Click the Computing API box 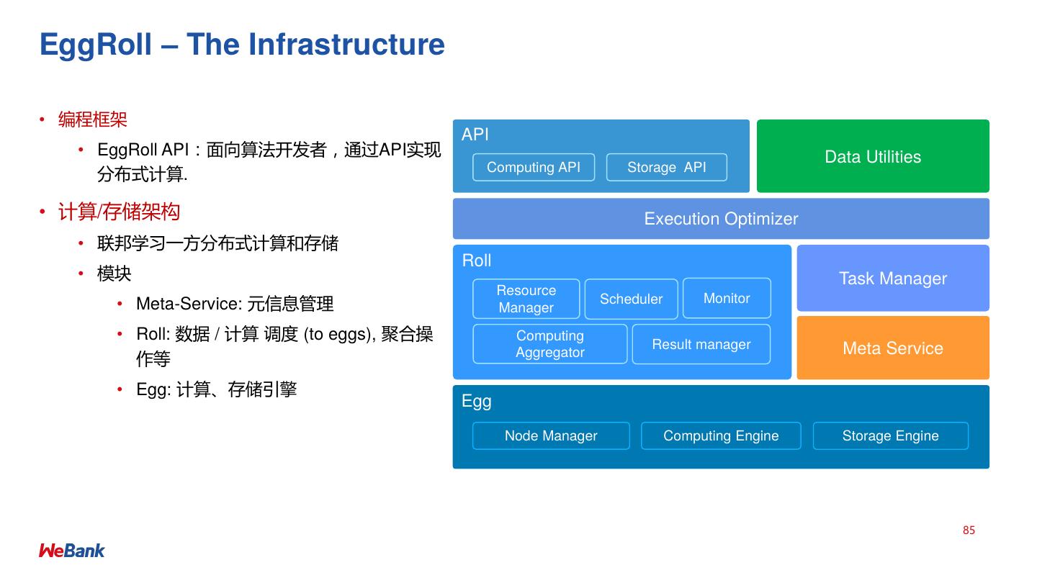click(x=534, y=167)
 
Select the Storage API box click(x=666, y=167)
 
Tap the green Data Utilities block click(x=873, y=156)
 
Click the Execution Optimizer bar click(x=721, y=219)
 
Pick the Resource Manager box click(x=526, y=299)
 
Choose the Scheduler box click(x=631, y=299)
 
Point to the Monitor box click(x=727, y=298)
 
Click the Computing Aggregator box click(x=549, y=344)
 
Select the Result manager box click(x=701, y=344)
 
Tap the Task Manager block click(x=893, y=279)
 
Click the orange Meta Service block click(x=893, y=348)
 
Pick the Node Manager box click(x=551, y=435)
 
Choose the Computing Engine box click(x=721, y=435)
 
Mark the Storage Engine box click(x=890, y=435)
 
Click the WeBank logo click(x=72, y=551)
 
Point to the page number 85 click(x=969, y=530)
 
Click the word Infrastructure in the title click(x=346, y=45)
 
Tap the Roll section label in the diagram click(x=477, y=261)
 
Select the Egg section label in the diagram click(x=476, y=401)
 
